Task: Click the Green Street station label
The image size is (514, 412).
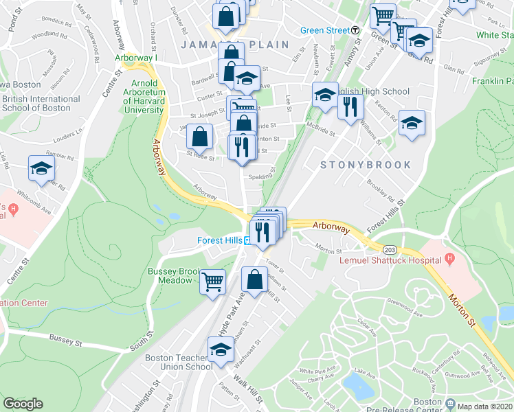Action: click(x=325, y=30)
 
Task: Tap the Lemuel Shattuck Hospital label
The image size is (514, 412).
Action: click(x=390, y=260)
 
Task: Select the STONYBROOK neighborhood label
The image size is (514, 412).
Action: click(x=366, y=165)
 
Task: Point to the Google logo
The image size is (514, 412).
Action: click(x=23, y=404)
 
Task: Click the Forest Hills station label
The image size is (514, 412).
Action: click(x=218, y=240)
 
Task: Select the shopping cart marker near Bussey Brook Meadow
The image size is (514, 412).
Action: click(x=213, y=280)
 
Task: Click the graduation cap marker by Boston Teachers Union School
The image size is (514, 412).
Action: click(x=221, y=350)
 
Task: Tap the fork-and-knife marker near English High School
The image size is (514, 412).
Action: click(x=351, y=106)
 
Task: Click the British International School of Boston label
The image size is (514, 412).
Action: click(x=41, y=103)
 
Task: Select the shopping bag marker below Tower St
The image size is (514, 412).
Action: click(x=254, y=279)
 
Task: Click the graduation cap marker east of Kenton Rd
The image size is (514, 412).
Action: click(x=412, y=123)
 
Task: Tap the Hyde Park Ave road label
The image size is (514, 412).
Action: click(x=231, y=313)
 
